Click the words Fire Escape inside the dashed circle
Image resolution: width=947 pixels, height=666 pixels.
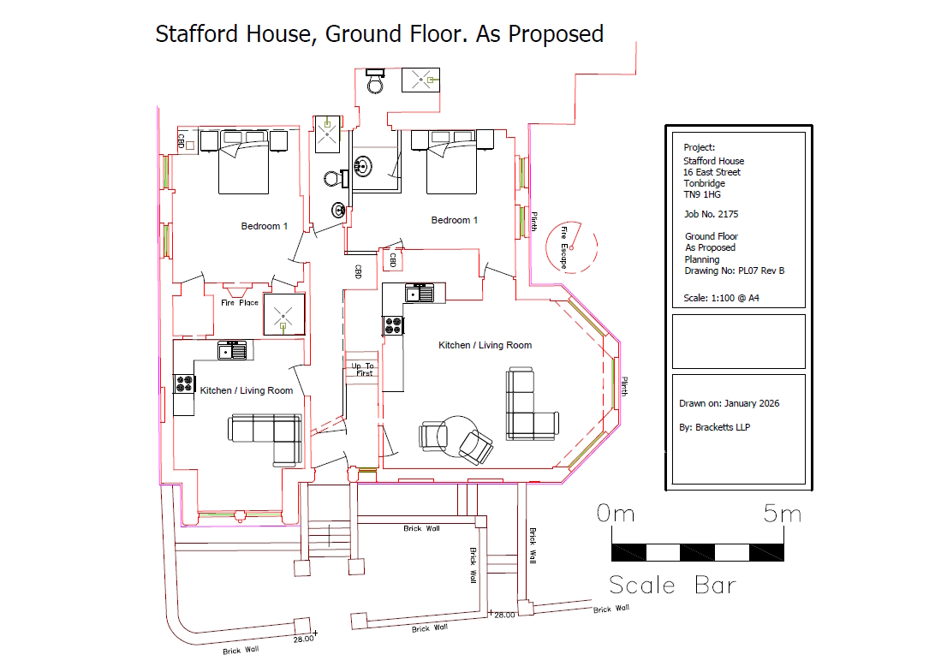point(563,247)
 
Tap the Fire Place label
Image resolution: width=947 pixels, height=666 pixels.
point(239,302)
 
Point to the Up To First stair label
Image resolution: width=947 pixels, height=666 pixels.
point(363,370)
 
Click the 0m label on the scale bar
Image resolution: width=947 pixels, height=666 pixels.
point(616,514)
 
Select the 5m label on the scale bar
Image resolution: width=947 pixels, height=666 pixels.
point(782,514)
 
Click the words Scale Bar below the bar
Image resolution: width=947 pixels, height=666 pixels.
point(672,585)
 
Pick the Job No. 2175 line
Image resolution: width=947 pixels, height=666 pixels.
point(711,214)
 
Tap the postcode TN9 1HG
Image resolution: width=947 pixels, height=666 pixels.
point(702,194)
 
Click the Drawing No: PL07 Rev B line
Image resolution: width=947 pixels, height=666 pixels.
point(735,271)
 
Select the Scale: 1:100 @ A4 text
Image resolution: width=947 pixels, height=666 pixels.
point(721,298)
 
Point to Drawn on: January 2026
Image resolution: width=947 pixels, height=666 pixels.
point(729,403)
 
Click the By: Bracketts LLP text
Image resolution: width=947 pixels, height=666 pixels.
point(714,427)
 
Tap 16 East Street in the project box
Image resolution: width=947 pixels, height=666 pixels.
point(712,172)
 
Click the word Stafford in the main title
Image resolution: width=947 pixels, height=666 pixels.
point(196,34)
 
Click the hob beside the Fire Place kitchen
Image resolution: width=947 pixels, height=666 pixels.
point(184,384)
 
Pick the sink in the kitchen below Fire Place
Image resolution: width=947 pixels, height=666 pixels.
point(232,350)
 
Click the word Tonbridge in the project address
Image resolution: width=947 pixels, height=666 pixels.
point(704,183)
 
